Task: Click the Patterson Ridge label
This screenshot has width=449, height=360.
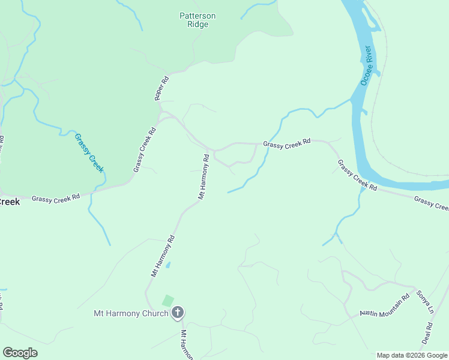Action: point(197,20)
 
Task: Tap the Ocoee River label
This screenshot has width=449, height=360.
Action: point(367,66)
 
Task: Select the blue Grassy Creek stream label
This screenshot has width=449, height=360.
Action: point(89,153)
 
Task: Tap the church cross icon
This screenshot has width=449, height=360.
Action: point(178,312)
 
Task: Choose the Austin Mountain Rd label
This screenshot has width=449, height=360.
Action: point(384,305)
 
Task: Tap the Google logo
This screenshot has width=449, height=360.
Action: point(20,353)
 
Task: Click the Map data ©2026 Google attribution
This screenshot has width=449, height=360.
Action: point(412,355)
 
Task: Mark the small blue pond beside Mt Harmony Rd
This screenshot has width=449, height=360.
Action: point(168,265)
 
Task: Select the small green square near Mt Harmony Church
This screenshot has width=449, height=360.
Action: point(168,301)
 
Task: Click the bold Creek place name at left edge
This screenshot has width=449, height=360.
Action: point(10,202)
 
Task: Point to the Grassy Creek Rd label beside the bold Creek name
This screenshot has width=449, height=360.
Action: point(56,197)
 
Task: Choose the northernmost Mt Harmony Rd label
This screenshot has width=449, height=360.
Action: point(203,176)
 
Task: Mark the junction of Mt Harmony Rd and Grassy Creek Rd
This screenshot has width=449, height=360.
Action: point(209,149)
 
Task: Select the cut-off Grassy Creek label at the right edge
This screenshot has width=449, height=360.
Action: point(431,203)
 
